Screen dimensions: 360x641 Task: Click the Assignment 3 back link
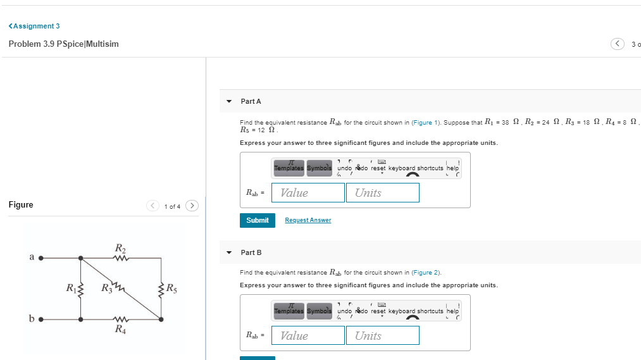[x=34, y=26]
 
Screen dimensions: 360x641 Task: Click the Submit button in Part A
[x=257, y=220]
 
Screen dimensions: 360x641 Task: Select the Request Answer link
[x=308, y=220]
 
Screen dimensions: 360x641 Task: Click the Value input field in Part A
[x=308, y=193]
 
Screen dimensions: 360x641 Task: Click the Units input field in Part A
[x=382, y=193]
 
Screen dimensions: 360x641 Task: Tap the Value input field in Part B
[x=308, y=336]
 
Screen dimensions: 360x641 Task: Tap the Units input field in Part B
[x=382, y=336]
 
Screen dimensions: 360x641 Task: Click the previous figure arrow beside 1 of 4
[x=153, y=206]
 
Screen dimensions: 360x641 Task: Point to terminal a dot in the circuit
[x=42, y=258]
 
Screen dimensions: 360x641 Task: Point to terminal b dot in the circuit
[x=42, y=319]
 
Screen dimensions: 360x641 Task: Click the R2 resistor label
[x=120, y=247]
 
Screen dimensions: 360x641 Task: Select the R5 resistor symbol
[x=161, y=289]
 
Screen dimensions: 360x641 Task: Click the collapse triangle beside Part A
[x=229, y=101]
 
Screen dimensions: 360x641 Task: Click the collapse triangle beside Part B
[x=229, y=252]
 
